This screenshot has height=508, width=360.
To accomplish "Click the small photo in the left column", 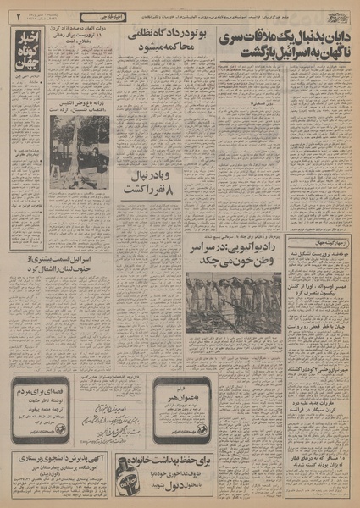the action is [x=79, y=150].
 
